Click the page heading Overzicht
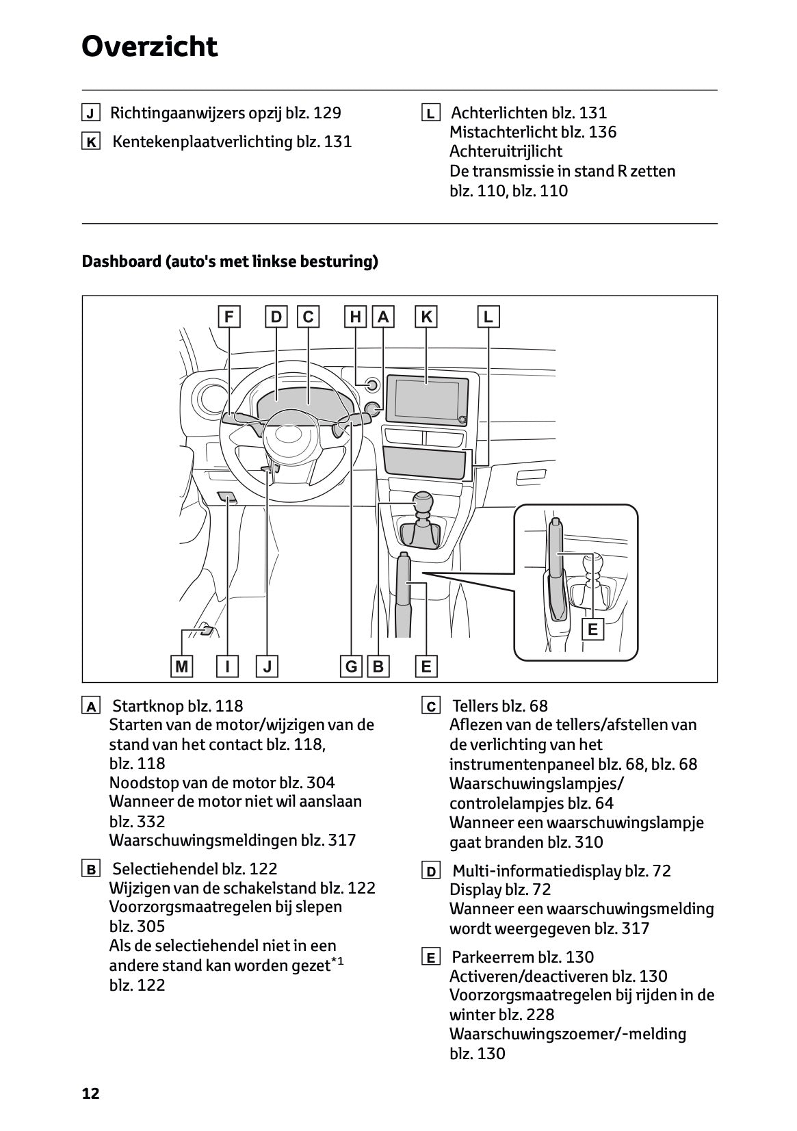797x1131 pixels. [x=149, y=47]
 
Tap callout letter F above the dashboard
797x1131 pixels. [x=229, y=317]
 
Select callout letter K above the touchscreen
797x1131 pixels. [x=426, y=317]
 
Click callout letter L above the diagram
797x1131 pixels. [x=488, y=317]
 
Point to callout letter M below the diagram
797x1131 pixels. [x=181, y=666]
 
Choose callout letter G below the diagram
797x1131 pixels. [x=351, y=666]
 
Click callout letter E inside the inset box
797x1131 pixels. [x=592, y=629]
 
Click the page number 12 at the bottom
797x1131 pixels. [x=90, y=1093]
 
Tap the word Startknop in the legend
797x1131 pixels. [x=143, y=706]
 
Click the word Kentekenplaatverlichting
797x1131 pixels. [x=202, y=142]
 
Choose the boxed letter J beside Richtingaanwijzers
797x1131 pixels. [x=90, y=113]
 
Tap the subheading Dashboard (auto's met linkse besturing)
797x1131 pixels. [x=230, y=261]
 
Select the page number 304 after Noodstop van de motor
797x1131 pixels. [x=321, y=783]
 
